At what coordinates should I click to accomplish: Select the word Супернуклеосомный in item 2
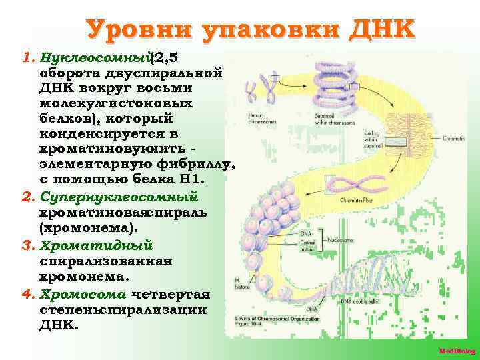(119, 197)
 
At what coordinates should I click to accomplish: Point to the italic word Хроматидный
(97, 246)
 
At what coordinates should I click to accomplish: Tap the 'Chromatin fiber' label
(357, 199)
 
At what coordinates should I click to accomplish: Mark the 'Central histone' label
(311, 246)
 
